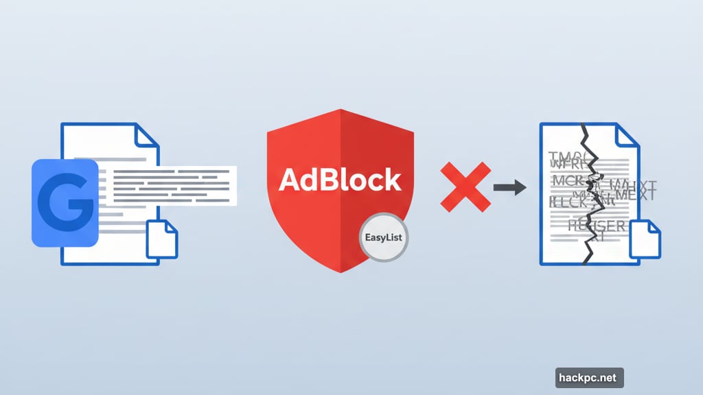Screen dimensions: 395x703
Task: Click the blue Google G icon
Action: (65, 202)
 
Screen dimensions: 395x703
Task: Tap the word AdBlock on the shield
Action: (340, 180)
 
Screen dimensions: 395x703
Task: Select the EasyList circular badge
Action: (383, 239)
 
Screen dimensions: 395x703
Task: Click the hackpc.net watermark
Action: (589, 377)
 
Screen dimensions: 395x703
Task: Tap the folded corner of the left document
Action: (146, 135)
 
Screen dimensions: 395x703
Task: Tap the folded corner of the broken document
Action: (625, 135)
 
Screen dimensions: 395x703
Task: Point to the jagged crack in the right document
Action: (590, 192)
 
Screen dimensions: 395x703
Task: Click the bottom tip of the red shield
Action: (340, 271)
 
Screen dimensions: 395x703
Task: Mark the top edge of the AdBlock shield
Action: (340, 109)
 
